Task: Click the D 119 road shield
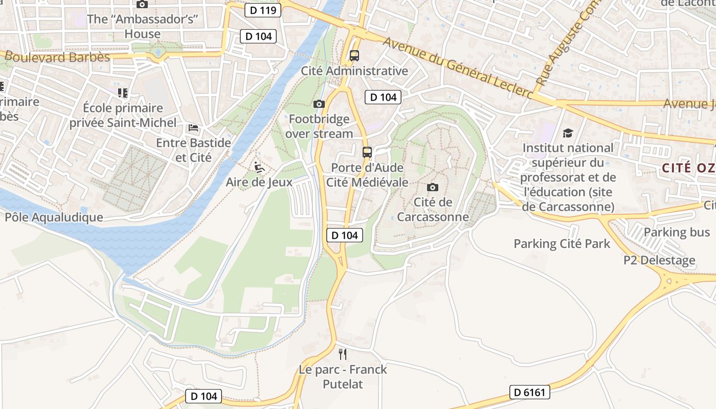click(x=263, y=10)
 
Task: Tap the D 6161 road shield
click(x=530, y=393)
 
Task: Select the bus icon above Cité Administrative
click(x=354, y=56)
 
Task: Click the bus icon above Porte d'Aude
click(x=367, y=152)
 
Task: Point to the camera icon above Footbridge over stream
click(x=319, y=104)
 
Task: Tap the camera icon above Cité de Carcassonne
click(x=433, y=187)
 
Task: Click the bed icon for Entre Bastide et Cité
click(x=193, y=128)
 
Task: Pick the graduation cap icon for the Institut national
click(x=568, y=133)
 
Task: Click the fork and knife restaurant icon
click(x=343, y=354)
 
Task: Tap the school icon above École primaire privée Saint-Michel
click(x=122, y=93)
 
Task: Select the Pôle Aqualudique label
click(x=54, y=217)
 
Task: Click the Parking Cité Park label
click(x=562, y=243)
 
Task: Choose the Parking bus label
click(x=677, y=232)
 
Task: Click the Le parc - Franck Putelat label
click(x=343, y=377)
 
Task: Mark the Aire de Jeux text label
click(x=259, y=182)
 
